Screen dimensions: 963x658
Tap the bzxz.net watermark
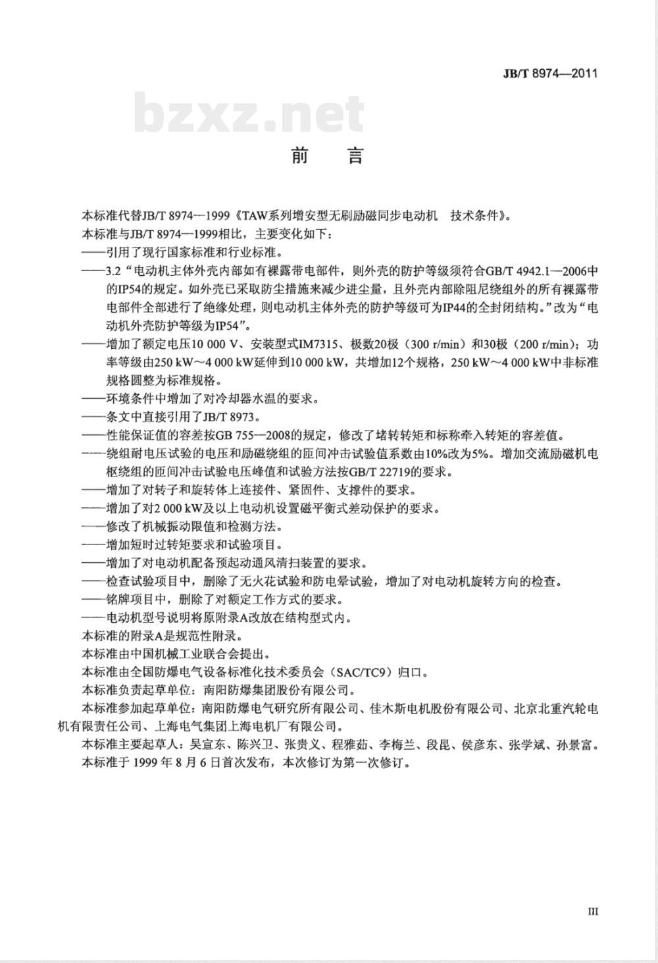[249, 114]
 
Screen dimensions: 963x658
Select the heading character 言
[355, 156]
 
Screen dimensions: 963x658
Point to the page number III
[592, 911]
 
